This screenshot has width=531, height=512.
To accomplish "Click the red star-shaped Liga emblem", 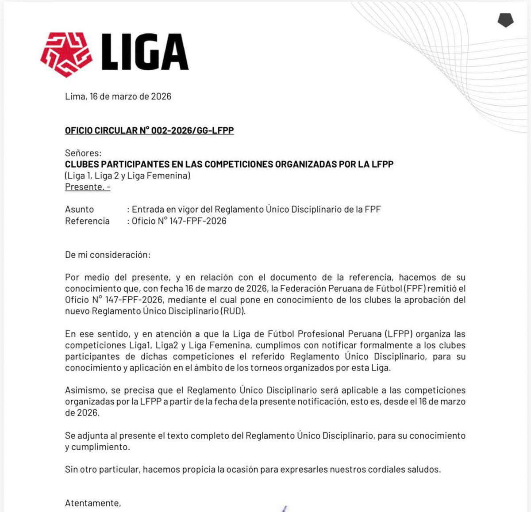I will point(66,54).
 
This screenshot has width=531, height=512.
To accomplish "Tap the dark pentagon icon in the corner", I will point(505,20).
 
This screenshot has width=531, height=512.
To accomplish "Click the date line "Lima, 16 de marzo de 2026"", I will point(118,96).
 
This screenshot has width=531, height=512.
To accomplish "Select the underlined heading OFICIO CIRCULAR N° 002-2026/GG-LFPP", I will point(149,130).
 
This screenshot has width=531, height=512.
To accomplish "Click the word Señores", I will point(83,153).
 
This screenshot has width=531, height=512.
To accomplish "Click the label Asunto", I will point(80,210).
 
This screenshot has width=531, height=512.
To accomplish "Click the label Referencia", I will point(87,221).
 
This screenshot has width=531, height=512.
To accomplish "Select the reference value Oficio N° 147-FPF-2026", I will point(179,221).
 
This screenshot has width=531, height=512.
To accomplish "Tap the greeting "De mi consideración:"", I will point(108,255).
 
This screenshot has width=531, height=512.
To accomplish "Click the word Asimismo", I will point(86,390).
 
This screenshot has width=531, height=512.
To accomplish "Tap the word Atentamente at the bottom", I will point(92,503).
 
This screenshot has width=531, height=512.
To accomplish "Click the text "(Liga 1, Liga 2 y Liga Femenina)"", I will point(127,176).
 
